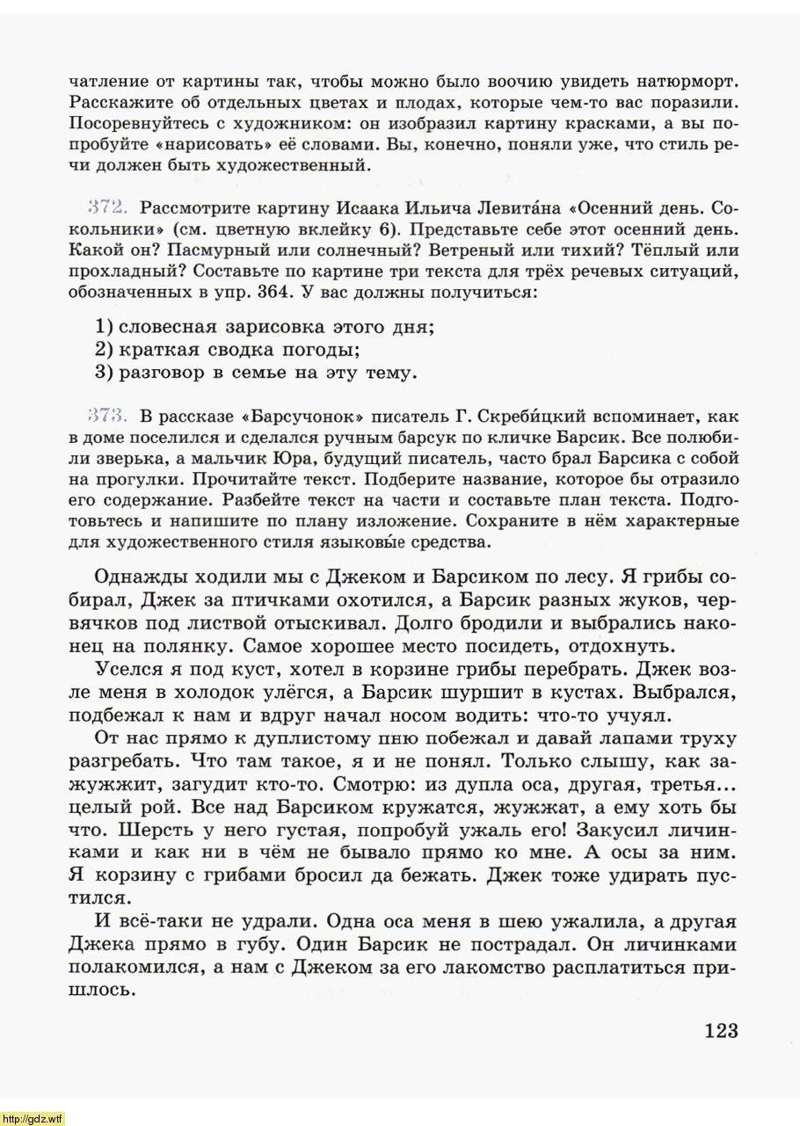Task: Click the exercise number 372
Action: pyautogui.click(x=109, y=208)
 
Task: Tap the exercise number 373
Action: pyautogui.click(x=109, y=416)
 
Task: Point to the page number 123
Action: pyautogui.click(x=720, y=1031)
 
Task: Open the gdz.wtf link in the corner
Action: pyautogui.click(x=33, y=1119)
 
